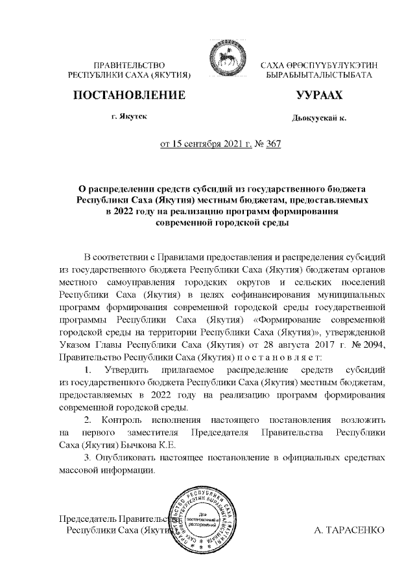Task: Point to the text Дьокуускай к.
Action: (x=319, y=119)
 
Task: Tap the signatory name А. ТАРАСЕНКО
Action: (x=349, y=530)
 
